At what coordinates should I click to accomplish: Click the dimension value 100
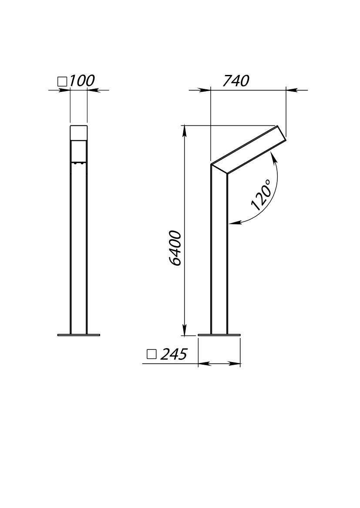tap(82, 81)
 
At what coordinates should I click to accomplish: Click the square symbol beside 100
tap(62, 81)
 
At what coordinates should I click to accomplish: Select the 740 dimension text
tap(236, 81)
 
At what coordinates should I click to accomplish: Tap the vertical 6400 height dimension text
tap(175, 248)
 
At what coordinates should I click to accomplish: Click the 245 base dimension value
tap(174, 355)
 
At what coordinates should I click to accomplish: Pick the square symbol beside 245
tap(151, 355)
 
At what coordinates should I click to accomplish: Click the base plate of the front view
tap(79, 335)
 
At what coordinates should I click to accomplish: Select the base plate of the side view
tap(219, 335)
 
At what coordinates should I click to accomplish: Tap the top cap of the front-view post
tap(79, 132)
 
